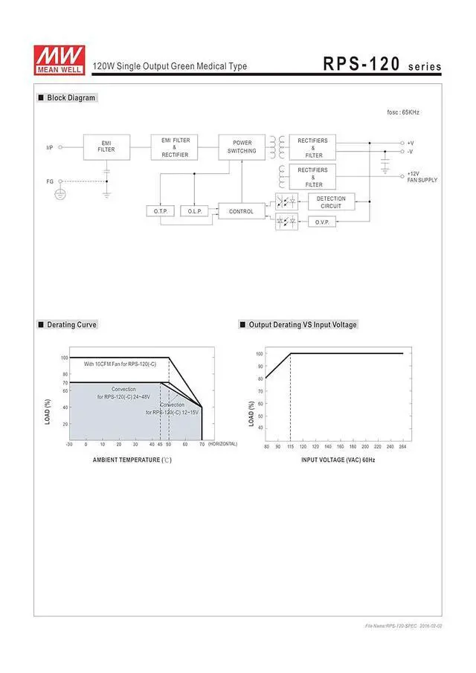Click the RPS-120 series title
point(382,65)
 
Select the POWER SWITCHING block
point(242,146)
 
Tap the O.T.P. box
point(161,211)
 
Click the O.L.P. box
point(195,211)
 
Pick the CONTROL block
point(241,211)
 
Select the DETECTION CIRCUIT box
point(331,202)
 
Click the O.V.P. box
point(322,222)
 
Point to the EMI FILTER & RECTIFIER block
point(175,146)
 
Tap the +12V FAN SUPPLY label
point(422,177)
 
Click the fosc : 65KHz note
point(403,112)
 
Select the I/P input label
point(50,147)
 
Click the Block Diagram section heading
point(71,98)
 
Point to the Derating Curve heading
point(71,325)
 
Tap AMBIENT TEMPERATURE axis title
point(132,460)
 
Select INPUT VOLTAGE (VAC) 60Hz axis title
point(338,460)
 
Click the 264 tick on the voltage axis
point(402,446)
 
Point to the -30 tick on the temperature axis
point(69,444)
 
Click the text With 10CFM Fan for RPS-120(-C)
point(120,364)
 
